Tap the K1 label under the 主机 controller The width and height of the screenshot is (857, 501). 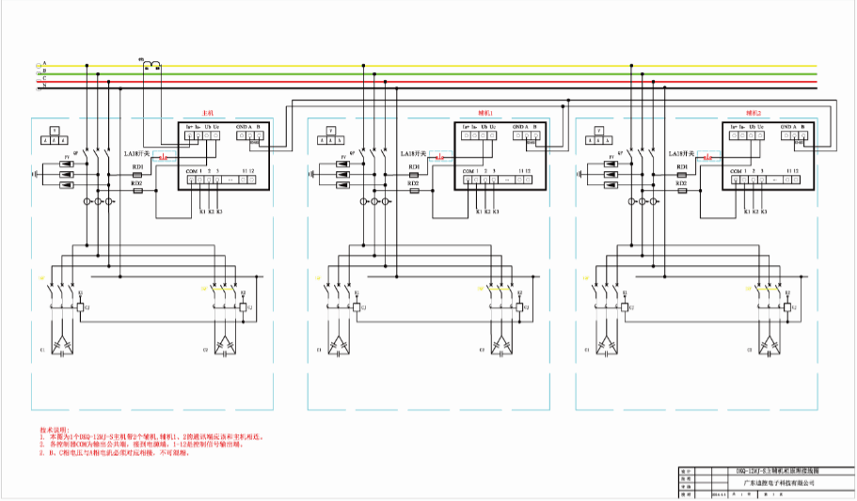[x=201, y=212]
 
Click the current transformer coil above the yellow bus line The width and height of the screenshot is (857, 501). [x=151, y=65]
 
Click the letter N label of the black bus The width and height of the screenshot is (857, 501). [x=44, y=86]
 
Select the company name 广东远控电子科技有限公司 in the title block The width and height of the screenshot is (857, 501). [x=771, y=482]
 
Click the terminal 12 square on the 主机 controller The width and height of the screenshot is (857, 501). [x=252, y=181]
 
